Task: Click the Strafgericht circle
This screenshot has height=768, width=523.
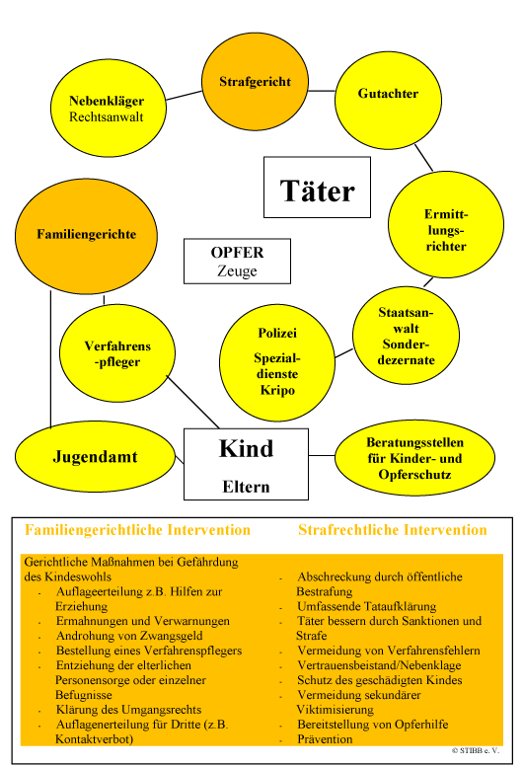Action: tap(256, 82)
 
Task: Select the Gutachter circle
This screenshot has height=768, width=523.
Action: tap(388, 100)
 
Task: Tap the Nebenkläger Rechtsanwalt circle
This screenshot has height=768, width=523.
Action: tap(109, 109)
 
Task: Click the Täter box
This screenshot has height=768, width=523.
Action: tap(317, 188)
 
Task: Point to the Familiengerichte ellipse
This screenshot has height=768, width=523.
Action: tap(86, 236)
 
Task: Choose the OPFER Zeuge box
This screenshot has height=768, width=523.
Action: tap(237, 261)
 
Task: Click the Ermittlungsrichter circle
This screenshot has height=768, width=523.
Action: tap(446, 224)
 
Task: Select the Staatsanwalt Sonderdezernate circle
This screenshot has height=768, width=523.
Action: tap(406, 336)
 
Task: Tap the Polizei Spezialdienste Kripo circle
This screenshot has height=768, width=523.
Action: tap(277, 362)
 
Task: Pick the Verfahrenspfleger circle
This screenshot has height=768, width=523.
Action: tap(117, 353)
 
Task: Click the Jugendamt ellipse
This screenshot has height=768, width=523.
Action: tap(95, 456)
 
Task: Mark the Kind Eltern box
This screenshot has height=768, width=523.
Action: tap(246, 464)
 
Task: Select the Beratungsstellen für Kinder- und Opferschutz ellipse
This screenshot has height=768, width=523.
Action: tap(414, 457)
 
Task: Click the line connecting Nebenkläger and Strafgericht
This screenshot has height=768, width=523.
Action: tap(185, 95)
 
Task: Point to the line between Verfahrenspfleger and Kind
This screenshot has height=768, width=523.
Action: tap(193, 402)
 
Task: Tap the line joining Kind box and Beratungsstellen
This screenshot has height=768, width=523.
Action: tap(322, 455)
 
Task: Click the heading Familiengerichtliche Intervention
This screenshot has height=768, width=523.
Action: tap(137, 530)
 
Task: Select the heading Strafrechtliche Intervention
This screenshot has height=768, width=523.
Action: tap(393, 530)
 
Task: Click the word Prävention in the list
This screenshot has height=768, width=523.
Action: tap(325, 739)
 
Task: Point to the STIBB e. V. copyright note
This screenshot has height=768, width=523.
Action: tap(476, 750)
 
